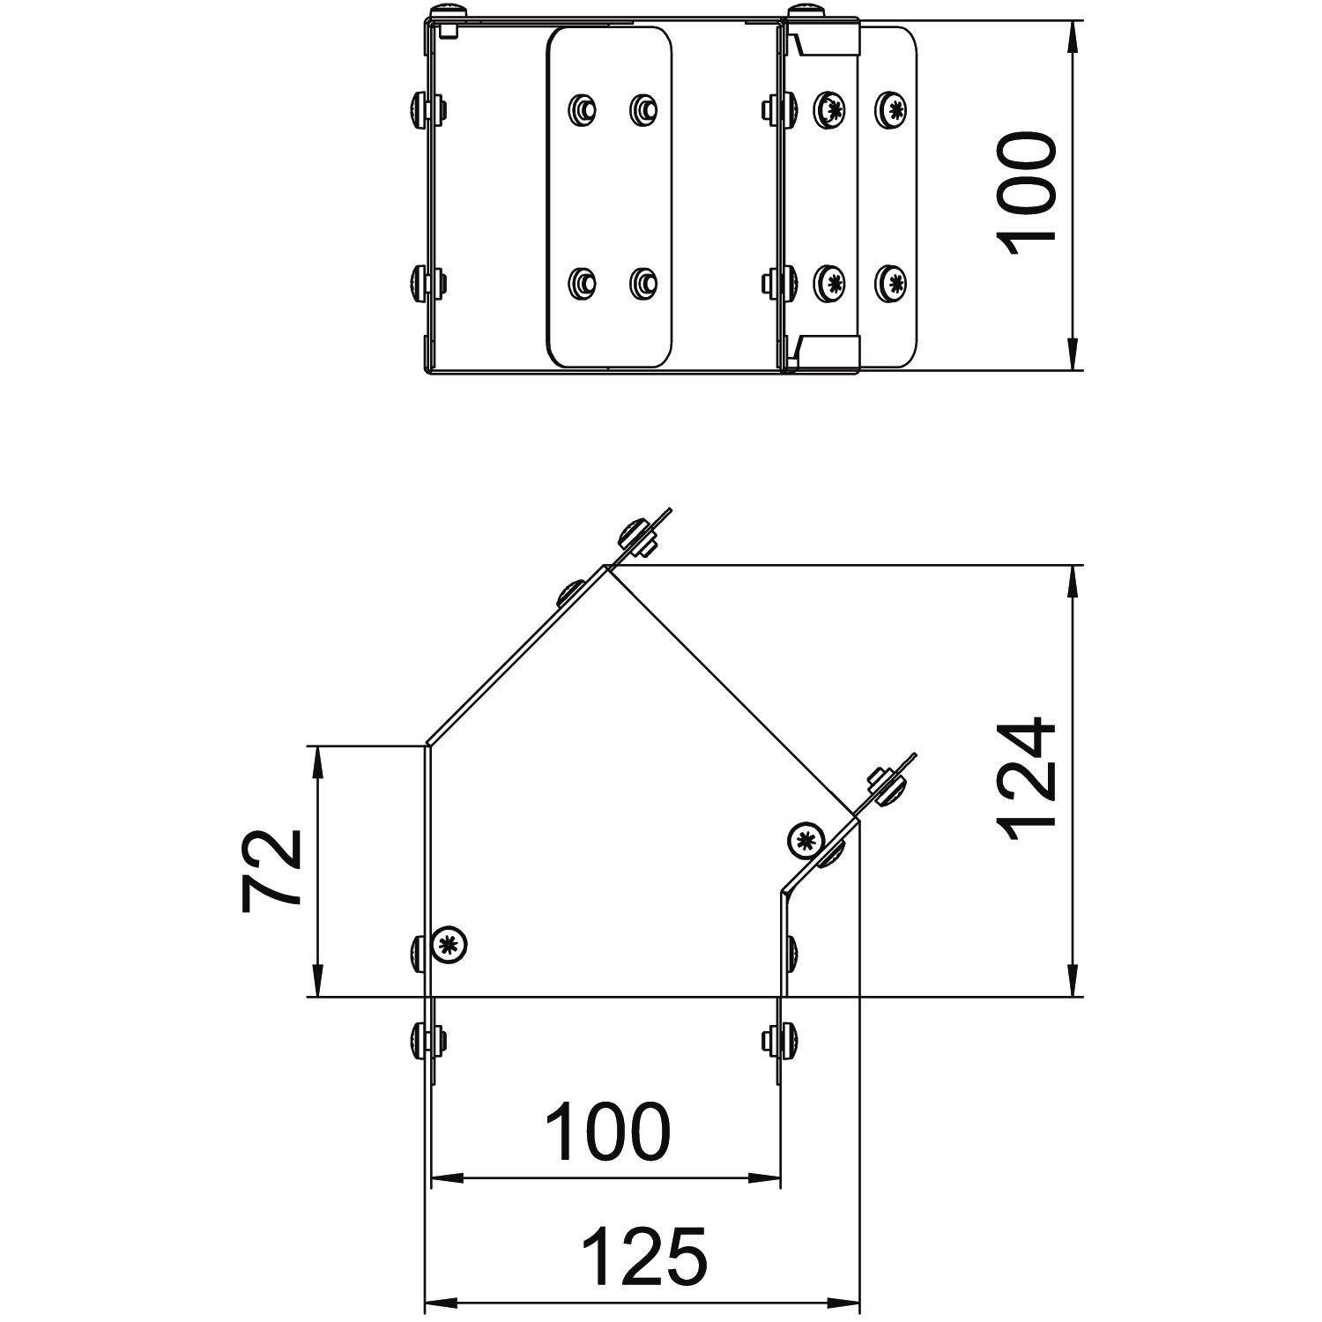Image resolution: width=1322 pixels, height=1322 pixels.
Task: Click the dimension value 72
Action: [x=271, y=869]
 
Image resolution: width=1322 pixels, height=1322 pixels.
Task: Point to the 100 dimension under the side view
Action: [x=608, y=1131]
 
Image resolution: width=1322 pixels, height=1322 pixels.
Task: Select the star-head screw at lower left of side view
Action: [x=449, y=946]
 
